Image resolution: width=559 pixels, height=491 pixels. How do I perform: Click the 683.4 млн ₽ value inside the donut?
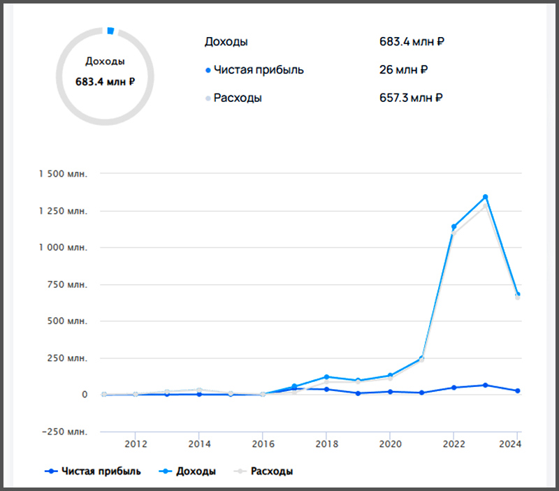pyautogui.click(x=105, y=82)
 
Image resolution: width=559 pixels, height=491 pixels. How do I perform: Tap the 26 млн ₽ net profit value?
pyautogui.click(x=404, y=70)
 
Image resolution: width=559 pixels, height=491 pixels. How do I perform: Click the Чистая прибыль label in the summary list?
pyautogui.click(x=259, y=70)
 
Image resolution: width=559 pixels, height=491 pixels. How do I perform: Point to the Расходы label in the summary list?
pyautogui.click(x=238, y=98)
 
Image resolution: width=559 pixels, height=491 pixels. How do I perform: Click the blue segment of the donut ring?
pyautogui.click(x=110, y=31)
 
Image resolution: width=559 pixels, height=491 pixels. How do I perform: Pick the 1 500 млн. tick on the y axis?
pyautogui.click(x=63, y=174)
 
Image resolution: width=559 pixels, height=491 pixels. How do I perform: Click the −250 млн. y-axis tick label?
pyautogui.click(x=63, y=432)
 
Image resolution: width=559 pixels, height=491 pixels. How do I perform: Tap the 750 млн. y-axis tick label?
pyautogui.click(x=68, y=284)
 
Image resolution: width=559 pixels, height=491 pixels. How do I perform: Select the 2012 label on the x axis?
pyautogui.click(x=135, y=443)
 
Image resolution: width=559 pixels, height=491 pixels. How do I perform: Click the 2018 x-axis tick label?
pyautogui.click(x=326, y=443)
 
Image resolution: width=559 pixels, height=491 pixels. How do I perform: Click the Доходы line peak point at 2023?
pyautogui.click(x=485, y=197)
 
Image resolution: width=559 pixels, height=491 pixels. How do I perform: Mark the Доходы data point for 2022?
pyautogui.click(x=453, y=227)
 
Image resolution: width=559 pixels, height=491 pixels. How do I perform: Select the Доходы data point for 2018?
pyautogui.click(x=326, y=377)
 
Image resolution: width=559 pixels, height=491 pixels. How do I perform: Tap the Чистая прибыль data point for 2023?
pyautogui.click(x=485, y=385)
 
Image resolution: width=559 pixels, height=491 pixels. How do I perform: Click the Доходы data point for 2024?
pyautogui.click(x=517, y=295)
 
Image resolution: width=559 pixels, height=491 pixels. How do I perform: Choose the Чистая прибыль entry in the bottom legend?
pyautogui.click(x=92, y=471)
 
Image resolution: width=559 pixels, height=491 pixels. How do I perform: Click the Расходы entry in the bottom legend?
pyautogui.click(x=265, y=471)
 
